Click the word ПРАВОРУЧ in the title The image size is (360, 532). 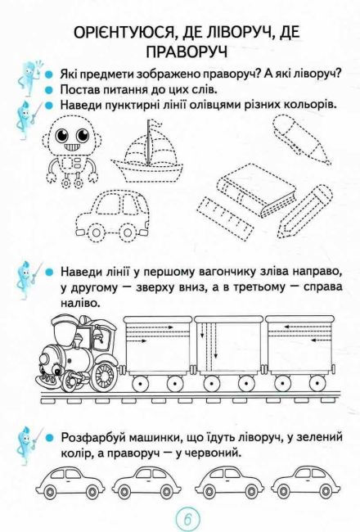point(187,52)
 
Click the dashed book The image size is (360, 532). point(257,190)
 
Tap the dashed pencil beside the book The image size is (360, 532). point(304,211)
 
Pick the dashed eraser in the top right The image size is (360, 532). point(300,139)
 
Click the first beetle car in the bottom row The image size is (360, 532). point(70,481)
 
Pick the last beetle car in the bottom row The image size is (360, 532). point(306,481)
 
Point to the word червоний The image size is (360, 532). point(211,453)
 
